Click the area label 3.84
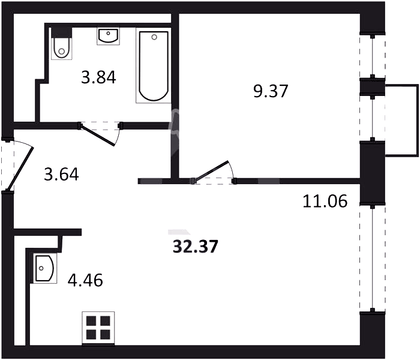98,77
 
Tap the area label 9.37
271,91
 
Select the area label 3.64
61,175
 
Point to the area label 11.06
325,201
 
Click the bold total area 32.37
195,247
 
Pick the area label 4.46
85,280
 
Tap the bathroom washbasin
108,36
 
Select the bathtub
154,65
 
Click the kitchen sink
45,268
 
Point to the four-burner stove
98,328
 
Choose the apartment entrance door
20,168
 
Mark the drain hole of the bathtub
154,37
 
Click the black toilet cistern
62,32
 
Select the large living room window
373,258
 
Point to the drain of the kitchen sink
41,268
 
